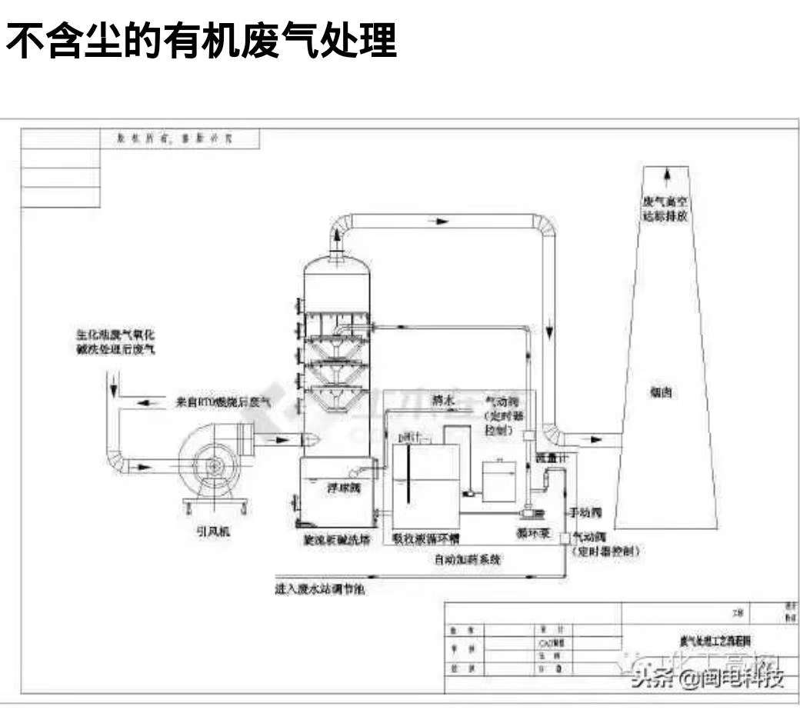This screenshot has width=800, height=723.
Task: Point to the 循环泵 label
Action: pyautogui.click(x=532, y=532)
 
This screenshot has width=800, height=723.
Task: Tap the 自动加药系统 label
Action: pyautogui.click(x=467, y=560)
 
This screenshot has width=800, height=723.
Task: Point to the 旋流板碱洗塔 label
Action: pyautogui.click(x=336, y=539)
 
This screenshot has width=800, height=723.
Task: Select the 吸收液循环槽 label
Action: pyautogui.click(x=427, y=539)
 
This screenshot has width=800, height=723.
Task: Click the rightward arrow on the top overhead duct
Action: pyautogui.click(x=438, y=221)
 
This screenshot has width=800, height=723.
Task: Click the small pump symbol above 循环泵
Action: pyautogui.click(x=529, y=510)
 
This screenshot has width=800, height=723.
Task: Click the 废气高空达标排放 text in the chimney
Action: pyautogui.click(x=665, y=209)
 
